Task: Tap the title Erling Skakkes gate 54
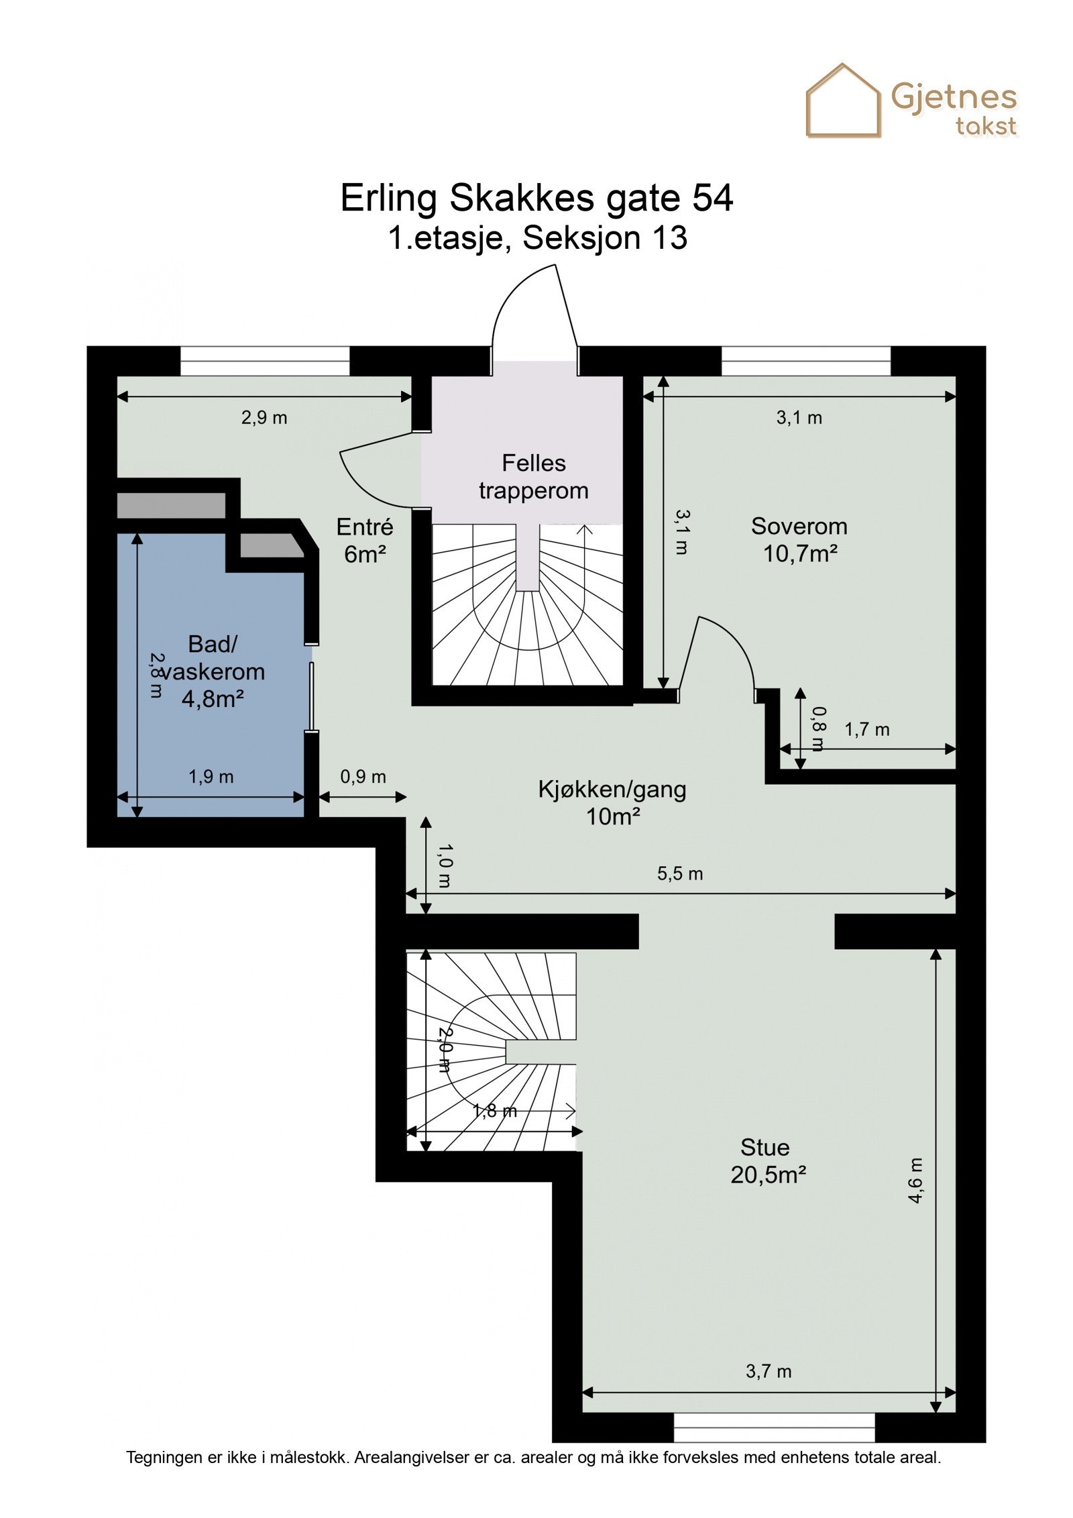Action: tap(536, 198)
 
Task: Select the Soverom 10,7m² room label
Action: tap(799, 539)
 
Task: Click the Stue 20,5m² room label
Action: tap(767, 1161)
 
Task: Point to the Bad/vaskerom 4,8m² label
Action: tap(212, 671)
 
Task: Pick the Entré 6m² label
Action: tap(365, 540)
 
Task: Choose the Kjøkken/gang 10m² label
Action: tap(612, 802)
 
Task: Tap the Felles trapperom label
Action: tap(534, 476)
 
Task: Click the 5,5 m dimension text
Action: tap(680, 873)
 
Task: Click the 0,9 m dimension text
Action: tap(363, 776)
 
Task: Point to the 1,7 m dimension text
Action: tap(866, 729)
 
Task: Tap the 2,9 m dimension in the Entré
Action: tap(264, 417)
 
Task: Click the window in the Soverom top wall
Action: tap(806, 361)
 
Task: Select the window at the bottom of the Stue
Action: tap(774, 1427)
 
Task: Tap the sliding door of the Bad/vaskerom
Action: tap(311, 696)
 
